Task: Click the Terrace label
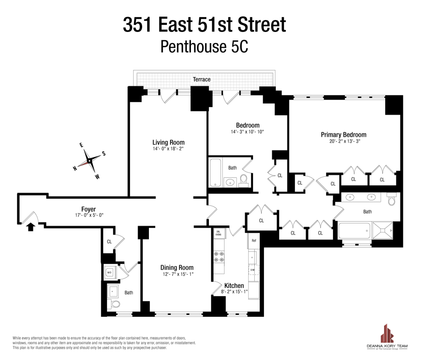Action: point(201,79)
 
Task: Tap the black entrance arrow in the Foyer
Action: point(31,226)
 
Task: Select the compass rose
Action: point(89,161)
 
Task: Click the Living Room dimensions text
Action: point(168,148)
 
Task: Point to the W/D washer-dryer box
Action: point(109,273)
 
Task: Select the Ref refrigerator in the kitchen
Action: point(254,241)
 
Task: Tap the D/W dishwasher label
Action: point(253,270)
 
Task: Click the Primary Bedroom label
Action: point(344,135)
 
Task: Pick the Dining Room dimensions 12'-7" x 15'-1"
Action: point(177,274)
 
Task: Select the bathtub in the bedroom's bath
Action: point(216,172)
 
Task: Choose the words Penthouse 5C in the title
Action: point(204,46)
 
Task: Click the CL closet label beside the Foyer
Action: point(109,241)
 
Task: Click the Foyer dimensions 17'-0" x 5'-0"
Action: point(88,215)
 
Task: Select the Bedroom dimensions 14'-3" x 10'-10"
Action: point(247,132)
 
